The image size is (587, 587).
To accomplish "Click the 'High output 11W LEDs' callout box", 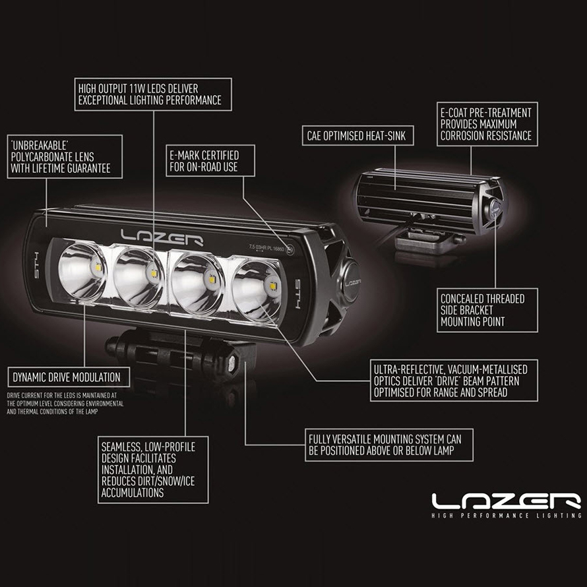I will coord(152,94).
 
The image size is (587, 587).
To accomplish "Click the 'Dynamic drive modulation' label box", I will coord(67,377).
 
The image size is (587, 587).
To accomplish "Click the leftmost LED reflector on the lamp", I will coord(82,271).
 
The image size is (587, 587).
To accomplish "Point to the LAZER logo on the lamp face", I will coord(161,238).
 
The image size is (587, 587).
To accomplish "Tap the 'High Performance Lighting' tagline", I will coord(506,515).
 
